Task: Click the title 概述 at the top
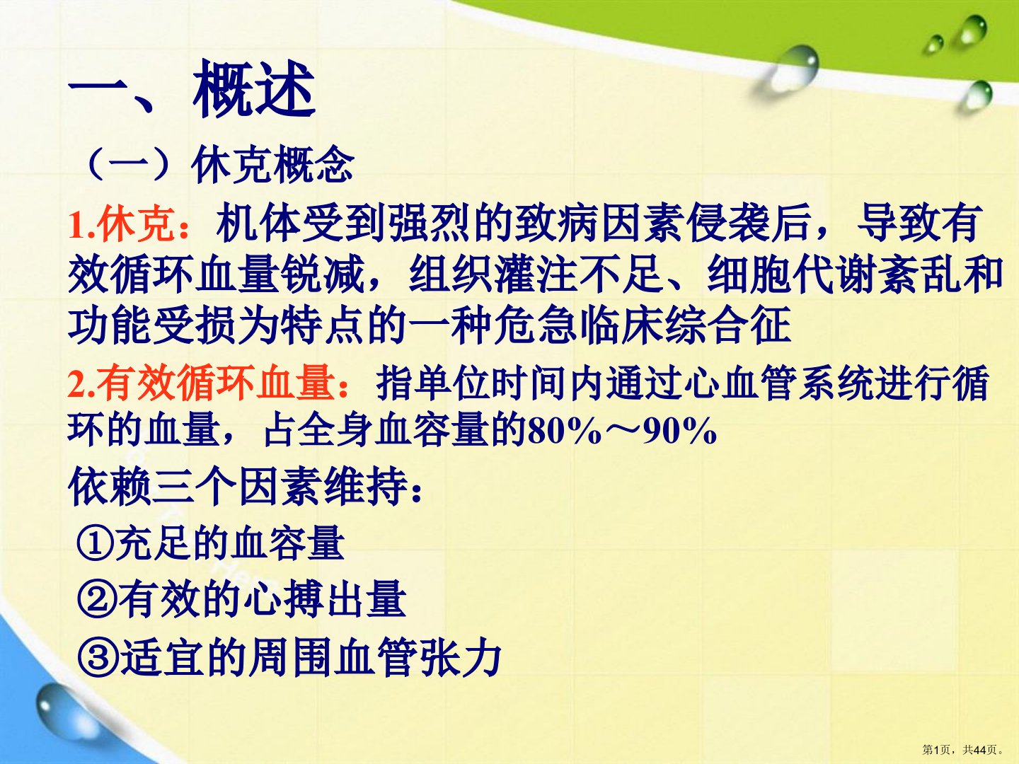pyautogui.click(x=255, y=89)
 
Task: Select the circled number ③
pyautogui.click(x=98, y=658)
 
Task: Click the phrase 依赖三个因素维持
pyautogui.click(x=238, y=487)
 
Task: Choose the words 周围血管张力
pyautogui.click(x=375, y=657)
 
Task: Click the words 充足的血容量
pyautogui.click(x=229, y=543)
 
